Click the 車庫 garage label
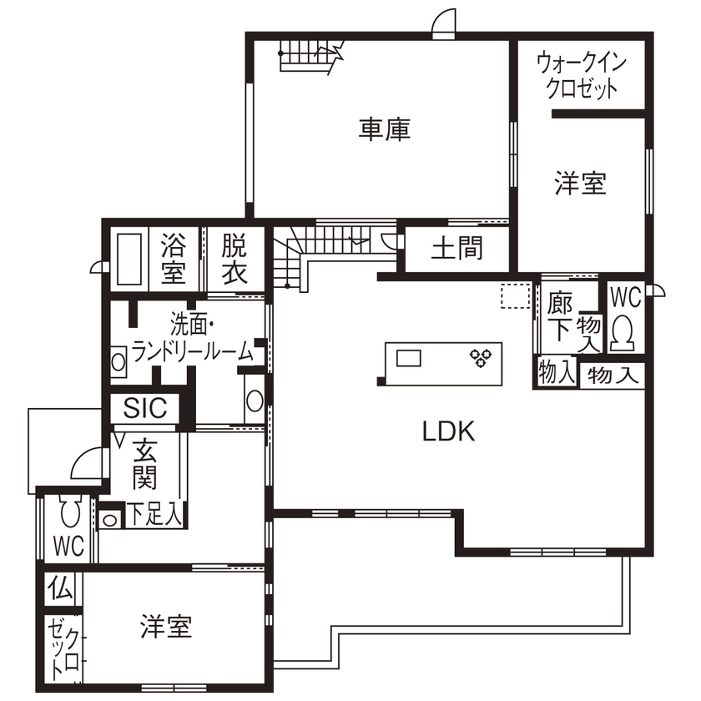(385, 130)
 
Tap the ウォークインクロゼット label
(581, 75)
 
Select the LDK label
(447, 431)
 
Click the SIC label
(145, 409)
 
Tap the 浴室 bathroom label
(173, 258)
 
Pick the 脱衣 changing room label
(234, 258)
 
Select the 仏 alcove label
(59, 589)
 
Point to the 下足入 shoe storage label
(154, 514)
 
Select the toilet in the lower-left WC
(70, 510)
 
